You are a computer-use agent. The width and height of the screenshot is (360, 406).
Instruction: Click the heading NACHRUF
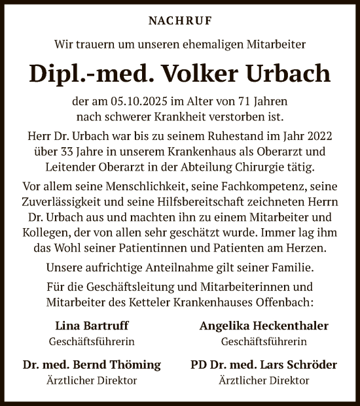click(180, 21)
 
